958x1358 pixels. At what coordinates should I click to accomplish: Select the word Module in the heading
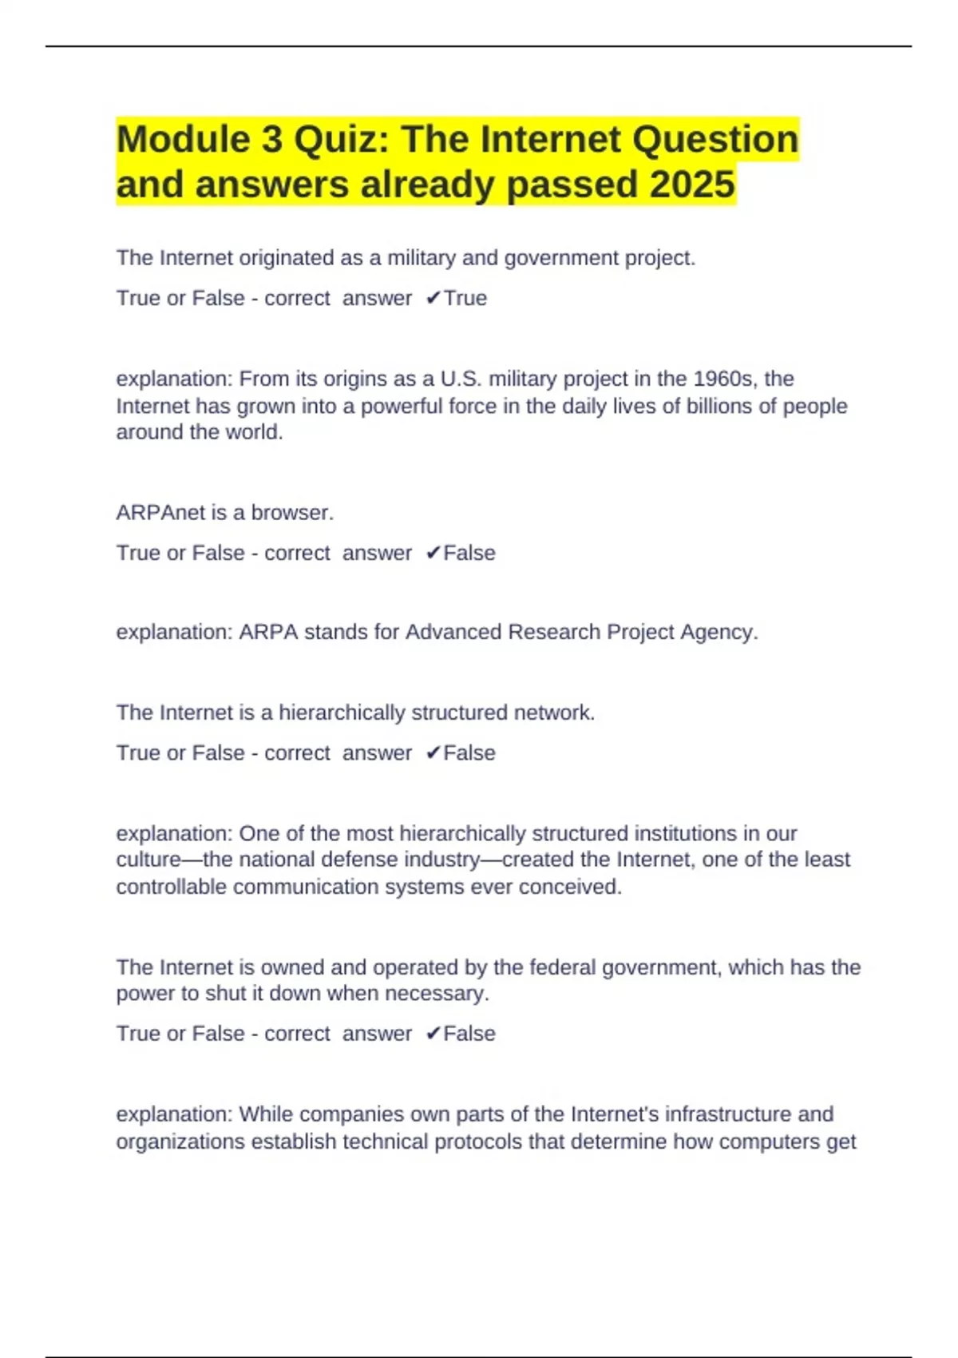click(183, 140)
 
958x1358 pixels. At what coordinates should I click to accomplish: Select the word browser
click(292, 513)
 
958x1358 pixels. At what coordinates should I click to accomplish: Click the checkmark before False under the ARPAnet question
click(433, 553)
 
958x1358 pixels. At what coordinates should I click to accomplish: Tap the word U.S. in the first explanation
click(461, 379)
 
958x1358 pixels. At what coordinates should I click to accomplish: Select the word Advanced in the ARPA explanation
click(453, 632)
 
